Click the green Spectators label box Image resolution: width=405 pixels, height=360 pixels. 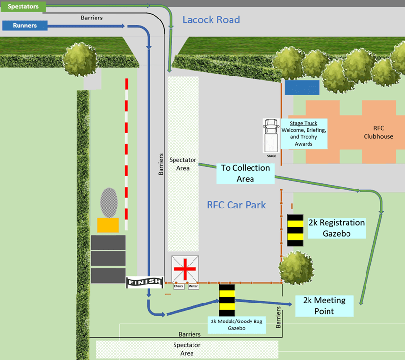click(23, 7)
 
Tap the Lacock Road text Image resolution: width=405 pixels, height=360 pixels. click(211, 20)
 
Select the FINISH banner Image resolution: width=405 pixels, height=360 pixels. click(144, 282)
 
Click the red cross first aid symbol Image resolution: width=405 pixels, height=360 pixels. click(185, 268)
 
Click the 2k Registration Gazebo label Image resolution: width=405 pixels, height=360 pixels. click(336, 227)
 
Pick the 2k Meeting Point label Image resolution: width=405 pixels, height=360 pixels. click(324, 305)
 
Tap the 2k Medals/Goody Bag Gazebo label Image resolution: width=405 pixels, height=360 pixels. click(236, 325)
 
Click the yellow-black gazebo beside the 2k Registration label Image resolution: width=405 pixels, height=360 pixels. click(295, 230)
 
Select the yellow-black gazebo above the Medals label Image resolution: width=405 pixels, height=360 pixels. click(227, 300)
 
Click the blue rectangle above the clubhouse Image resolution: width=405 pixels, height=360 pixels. click(302, 88)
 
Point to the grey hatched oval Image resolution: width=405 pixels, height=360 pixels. click(109, 202)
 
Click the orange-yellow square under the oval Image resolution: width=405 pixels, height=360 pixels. click(108, 225)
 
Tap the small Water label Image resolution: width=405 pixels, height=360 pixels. click(193, 286)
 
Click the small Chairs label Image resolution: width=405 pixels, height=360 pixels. click(178, 286)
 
